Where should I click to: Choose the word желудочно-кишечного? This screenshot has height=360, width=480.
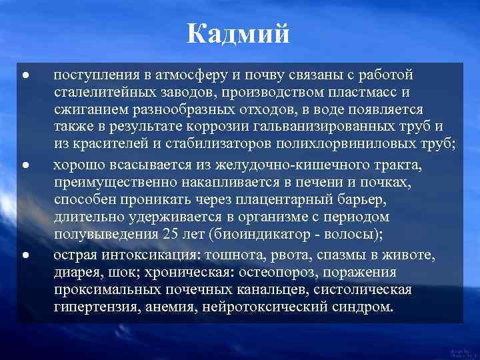point(276,164)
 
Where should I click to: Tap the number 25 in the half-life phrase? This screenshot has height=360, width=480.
point(170,235)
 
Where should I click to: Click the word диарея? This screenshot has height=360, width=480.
point(76,272)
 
